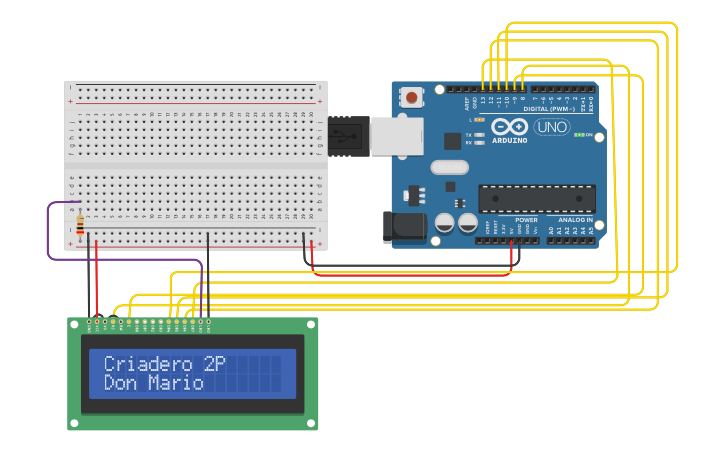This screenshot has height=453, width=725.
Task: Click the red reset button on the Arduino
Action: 411,98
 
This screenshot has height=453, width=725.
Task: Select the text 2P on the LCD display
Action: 214,364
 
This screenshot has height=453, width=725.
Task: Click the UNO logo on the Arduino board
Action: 552,127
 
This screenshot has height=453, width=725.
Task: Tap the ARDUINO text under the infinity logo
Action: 510,140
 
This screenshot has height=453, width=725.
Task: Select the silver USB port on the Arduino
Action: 396,136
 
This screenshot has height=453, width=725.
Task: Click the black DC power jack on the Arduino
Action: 404,226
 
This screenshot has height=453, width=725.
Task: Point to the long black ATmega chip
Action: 536,198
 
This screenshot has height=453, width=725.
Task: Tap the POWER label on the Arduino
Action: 526,219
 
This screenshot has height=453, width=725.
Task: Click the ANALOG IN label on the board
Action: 575,219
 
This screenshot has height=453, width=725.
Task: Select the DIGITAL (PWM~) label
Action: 548,109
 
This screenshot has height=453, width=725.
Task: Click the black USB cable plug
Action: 347,135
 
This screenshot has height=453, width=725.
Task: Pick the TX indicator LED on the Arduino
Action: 480,134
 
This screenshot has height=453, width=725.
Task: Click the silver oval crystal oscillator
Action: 450,167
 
